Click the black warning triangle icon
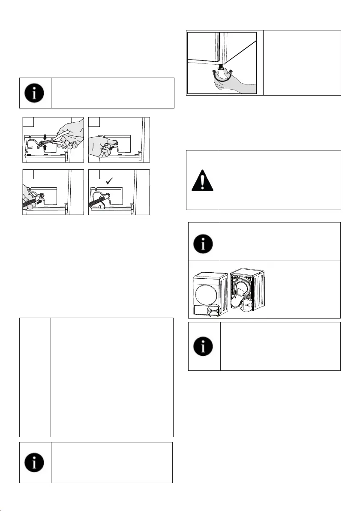[202, 180]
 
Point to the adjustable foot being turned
[222, 69]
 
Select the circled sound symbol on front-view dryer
[214, 310]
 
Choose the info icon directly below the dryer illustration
[204, 346]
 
